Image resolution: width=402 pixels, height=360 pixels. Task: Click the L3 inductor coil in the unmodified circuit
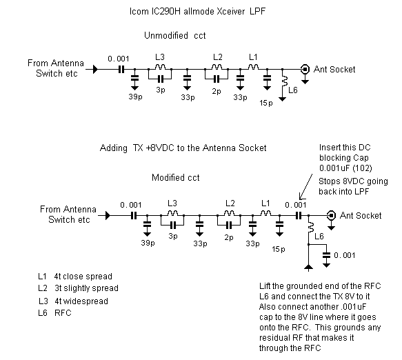[160, 67]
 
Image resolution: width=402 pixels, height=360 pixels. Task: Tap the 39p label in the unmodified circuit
[135, 97]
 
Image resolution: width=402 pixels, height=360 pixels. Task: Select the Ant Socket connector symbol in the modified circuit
[331, 215]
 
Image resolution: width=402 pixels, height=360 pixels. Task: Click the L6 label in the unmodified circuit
[293, 90]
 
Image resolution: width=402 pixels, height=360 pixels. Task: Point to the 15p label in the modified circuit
[279, 249]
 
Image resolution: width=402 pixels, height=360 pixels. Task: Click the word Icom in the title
[139, 12]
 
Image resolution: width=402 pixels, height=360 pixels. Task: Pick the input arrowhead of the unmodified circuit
[95, 69]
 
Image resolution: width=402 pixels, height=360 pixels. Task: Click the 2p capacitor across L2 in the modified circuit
[229, 226]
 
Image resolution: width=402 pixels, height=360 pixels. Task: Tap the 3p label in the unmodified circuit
[161, 90]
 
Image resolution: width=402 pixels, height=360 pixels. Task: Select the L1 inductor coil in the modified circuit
[265, 213]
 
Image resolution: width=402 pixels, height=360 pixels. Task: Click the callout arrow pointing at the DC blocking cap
[306, 187]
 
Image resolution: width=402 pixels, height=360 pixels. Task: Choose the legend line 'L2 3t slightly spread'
[78, 288]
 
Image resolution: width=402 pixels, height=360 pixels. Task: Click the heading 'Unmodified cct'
[175, 35]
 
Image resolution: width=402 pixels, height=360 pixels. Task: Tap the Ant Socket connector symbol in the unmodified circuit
[305, 69]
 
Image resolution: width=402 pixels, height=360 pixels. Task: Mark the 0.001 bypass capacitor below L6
[326, 255]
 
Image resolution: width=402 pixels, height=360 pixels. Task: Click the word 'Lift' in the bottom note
[265, 286]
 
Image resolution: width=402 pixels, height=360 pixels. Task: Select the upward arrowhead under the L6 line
[308, 268]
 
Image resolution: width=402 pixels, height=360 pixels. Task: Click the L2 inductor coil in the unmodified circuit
[217, 67]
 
